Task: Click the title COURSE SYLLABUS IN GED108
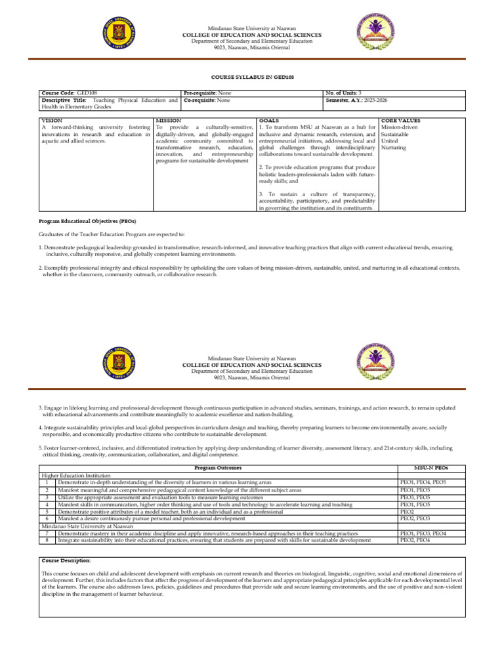tap(252, 77)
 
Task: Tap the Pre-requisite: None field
tap(207, 93)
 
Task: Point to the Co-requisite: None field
tap(207, 100)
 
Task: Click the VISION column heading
tap(52, 121)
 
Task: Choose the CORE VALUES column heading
tap(401, 121)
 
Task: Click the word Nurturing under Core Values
tap(394, 148)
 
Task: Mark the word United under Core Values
tap(390, 140)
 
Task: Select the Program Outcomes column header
tap(218, 468)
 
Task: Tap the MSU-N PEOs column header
tap(431, 468)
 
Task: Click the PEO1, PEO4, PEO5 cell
tap(423, 482)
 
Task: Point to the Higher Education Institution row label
tap(76, 475)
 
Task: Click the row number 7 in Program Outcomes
tap(47, 534)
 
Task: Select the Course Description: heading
tap(66, 560)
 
